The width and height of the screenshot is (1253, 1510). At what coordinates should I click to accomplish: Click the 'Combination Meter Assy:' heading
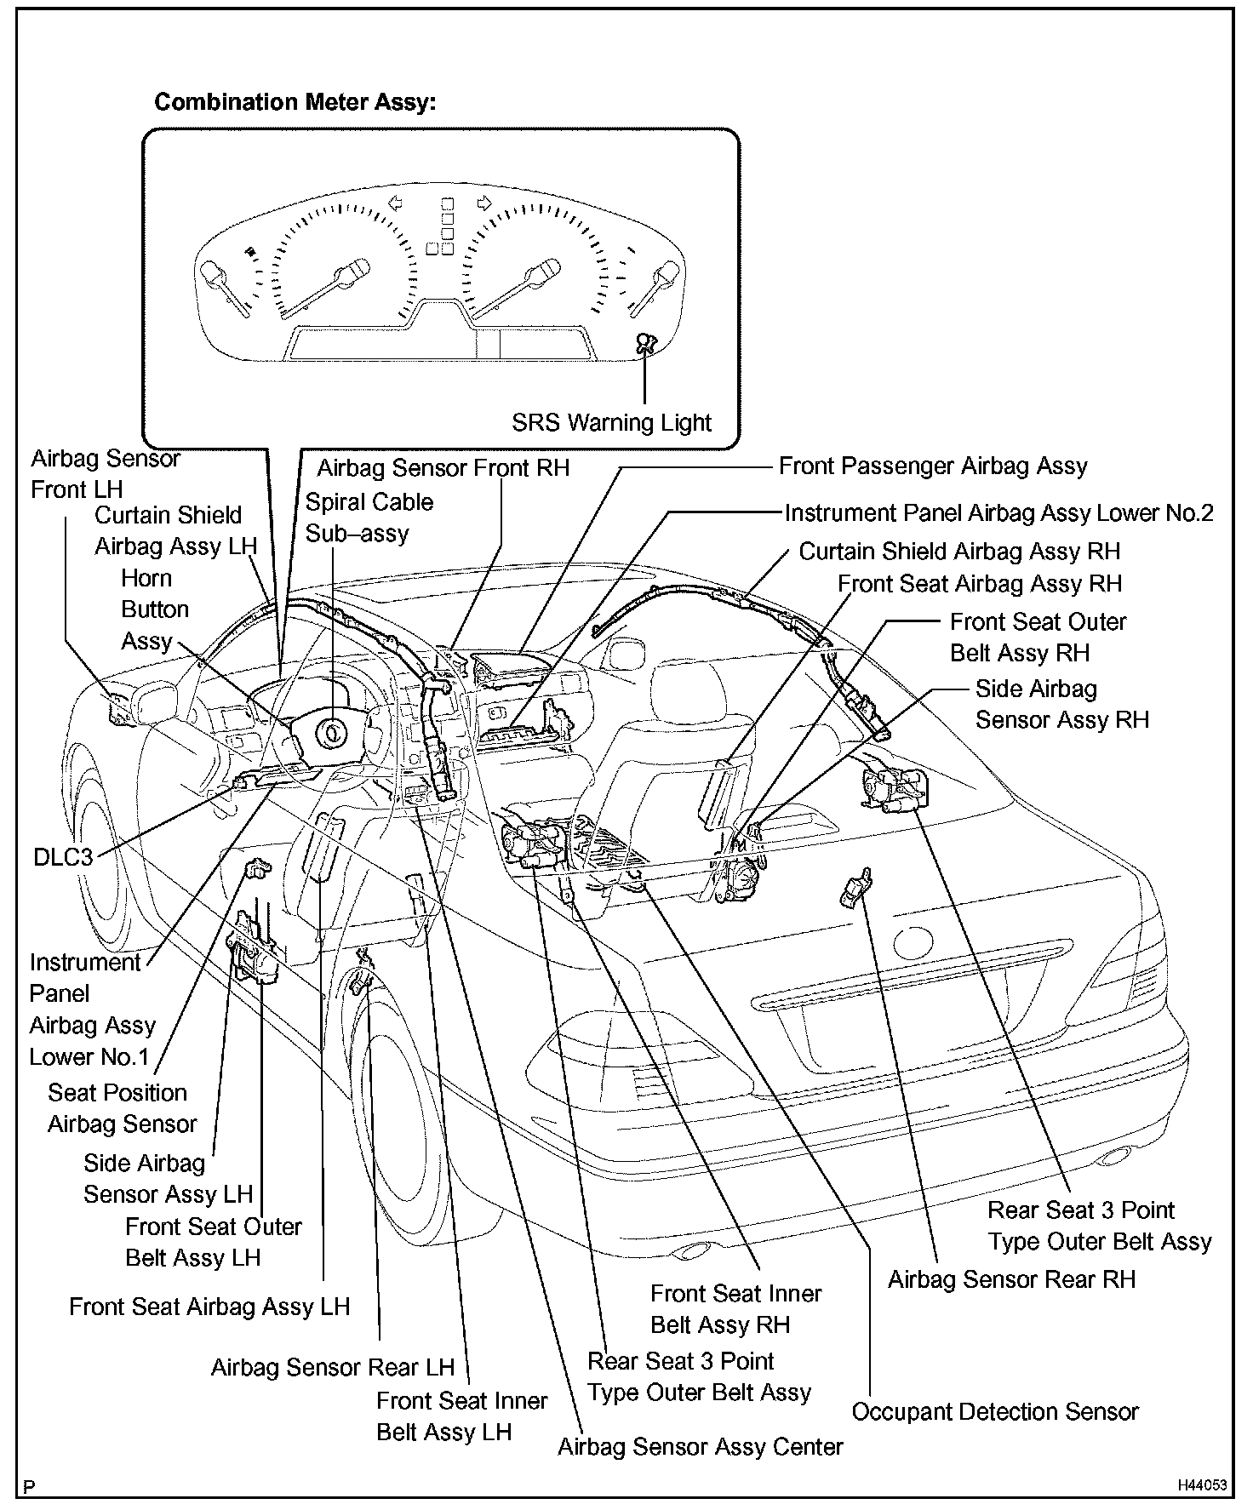[x=295, y=103]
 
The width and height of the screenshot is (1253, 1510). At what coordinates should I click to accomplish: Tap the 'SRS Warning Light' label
[x=611, y=422]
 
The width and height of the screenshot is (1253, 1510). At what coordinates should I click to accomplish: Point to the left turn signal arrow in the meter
[x=394, y=203]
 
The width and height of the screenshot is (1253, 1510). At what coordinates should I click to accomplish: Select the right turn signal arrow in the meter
[x=483, y=203]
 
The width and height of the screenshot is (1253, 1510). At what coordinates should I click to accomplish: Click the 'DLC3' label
[x=63, y=856]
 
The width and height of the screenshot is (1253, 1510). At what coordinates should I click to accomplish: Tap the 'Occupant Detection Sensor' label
[x=994, y=1411]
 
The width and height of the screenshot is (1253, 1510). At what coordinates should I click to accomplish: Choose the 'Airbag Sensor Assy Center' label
[x=700, y=1446]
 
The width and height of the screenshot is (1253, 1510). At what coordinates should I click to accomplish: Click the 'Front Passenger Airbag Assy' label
[x=933, y=466]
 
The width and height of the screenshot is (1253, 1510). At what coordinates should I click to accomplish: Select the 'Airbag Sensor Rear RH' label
[x=1011, y=1279]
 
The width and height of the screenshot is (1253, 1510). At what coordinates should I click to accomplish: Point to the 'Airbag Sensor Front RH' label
[x=443, y=468]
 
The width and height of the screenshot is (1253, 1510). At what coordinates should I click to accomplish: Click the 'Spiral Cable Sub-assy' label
[x=369, y=518]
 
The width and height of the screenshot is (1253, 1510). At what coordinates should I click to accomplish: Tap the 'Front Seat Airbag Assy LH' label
[x=209, y=1307]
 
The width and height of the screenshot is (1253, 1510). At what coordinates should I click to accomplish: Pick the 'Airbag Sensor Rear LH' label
[x=333, y=1367]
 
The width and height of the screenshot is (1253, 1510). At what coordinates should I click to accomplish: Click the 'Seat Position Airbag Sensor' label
[x=121, y=1108]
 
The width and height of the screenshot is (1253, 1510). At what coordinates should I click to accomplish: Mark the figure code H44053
[x=1202, y=1485]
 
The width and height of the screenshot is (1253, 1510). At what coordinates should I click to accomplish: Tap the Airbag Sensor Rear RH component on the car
[x=856, y=889]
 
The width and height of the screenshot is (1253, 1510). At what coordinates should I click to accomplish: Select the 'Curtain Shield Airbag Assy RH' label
[x=959, y=552]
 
